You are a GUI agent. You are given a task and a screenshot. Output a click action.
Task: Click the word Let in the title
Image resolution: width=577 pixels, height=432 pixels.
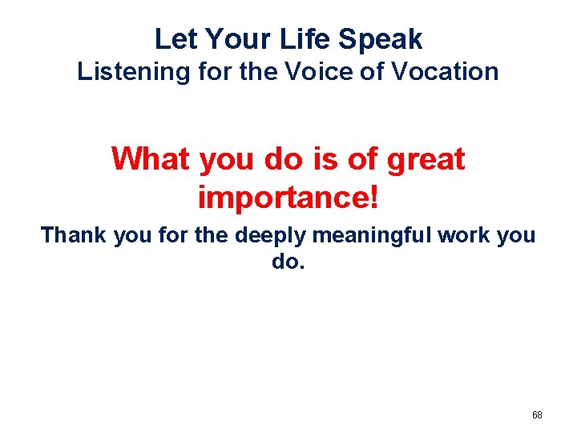(173, 38)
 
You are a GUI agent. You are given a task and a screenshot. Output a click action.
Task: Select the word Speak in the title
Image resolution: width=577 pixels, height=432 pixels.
(384, 38)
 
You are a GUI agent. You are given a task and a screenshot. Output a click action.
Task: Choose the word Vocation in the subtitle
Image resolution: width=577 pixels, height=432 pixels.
(449, 72)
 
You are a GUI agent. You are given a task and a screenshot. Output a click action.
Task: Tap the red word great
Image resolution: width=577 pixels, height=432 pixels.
(425, 160)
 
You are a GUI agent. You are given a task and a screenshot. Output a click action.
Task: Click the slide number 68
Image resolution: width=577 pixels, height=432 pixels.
(537, 415)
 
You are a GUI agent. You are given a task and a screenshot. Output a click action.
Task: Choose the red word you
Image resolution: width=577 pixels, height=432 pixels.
(226, 160)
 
